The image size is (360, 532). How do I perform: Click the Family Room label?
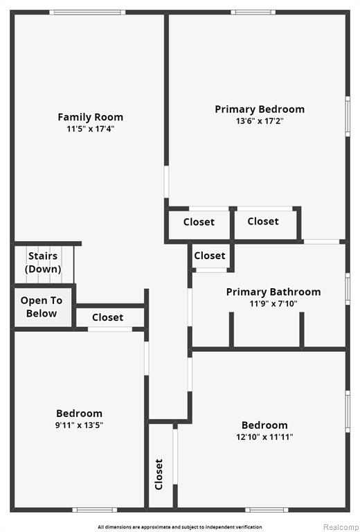point(90,117)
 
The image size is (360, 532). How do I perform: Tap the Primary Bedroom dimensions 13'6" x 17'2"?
point(260,121)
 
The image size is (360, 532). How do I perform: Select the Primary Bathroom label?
point(273,292)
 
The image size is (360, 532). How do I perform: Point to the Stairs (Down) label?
point(43,263)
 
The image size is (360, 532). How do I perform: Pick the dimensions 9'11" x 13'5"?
point(80,425)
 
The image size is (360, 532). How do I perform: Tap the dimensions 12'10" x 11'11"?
point(264,436)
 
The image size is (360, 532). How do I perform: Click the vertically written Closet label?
point(159,475)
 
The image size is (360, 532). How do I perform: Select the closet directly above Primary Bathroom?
point(210,256)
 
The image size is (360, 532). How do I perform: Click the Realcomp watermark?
point(340,527)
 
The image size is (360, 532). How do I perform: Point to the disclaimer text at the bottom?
point(180,527)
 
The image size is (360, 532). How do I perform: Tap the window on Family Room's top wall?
point(87,12)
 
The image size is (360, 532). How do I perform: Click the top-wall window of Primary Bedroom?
point(253,12)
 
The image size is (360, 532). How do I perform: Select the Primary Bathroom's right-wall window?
point(348,289)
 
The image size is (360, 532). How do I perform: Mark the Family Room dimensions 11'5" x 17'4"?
point(90,129)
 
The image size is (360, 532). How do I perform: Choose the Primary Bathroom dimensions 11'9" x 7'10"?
point(273,303)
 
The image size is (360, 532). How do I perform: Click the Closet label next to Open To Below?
point(108,317)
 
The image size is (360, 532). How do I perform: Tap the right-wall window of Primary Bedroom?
point(348,116)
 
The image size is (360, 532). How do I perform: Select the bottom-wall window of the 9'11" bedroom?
point(95,510)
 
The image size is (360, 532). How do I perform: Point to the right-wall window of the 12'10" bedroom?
point(348,411)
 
